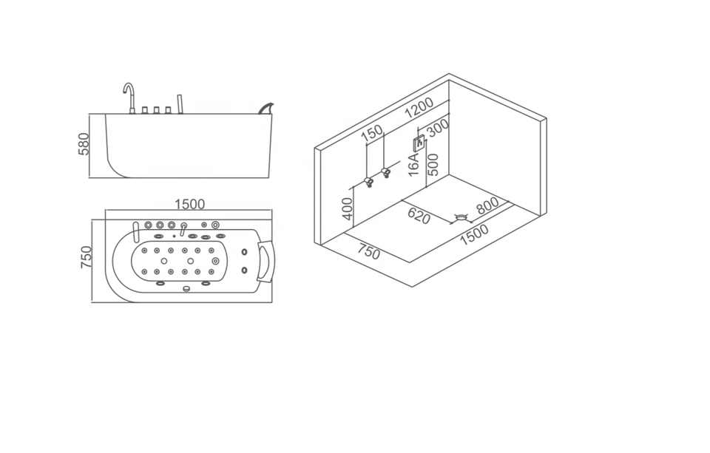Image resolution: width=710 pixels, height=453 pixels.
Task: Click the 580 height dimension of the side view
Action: (84, 144)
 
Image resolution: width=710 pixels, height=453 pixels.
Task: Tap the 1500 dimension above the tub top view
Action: (189, 205)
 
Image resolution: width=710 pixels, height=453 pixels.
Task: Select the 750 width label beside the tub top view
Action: (87, 258)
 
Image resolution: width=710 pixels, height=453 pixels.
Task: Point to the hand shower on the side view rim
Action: (179, 103)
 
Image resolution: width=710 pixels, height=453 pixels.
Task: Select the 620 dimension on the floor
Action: (419, 216)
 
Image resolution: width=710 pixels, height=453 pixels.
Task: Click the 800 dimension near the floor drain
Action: (488, 205)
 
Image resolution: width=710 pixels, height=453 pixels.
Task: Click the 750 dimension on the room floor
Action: (368, 251)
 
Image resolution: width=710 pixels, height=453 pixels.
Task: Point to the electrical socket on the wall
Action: (419, 142)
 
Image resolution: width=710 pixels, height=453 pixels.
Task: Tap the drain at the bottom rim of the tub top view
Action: (186, 288)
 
